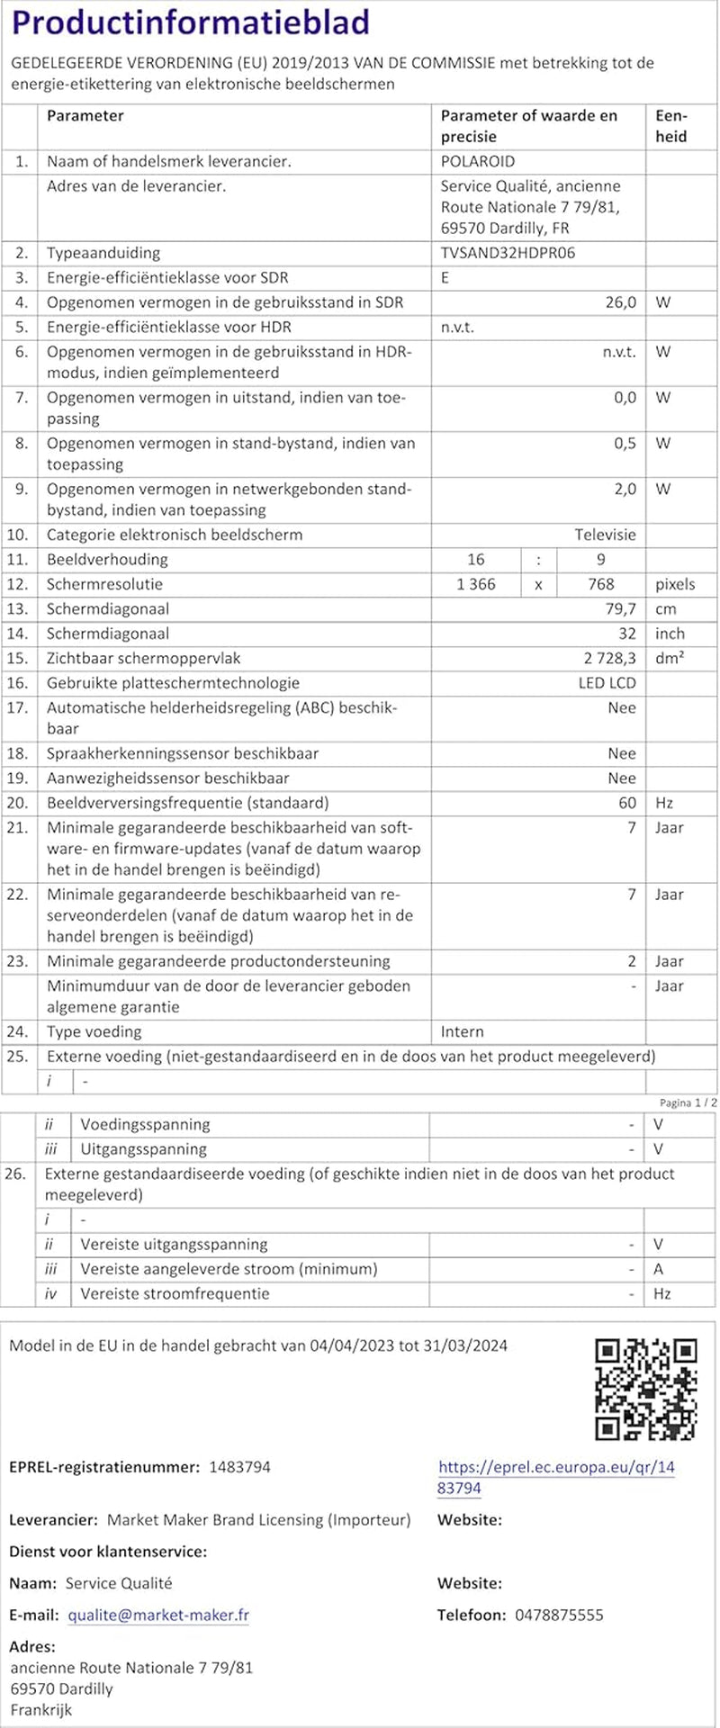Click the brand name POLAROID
click(x=477, y=162)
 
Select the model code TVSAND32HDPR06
click(x=508, y=253)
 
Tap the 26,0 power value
click(x=620, y=302)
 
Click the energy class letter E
click(x=445, y=278)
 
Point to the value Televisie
click(x=605, y=535)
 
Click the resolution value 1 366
click(x=476, y=584)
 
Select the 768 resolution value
click(x=600, y=584)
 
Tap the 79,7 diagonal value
click(x=620, y=609)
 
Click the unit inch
click(x=670, y=634)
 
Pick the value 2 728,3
click(x=611, y=659)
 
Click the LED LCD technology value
click(x=607, y=683)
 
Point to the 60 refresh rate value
click(x=626, y=803)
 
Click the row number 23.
click(x=17, y=961)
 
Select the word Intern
click(x=462, y=1031)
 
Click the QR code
click(x=646, y=1389)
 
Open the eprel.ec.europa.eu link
click(x=555, y=1477)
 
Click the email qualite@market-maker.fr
click(x=158, y=1615)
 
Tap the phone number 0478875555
click(x=559, y=1615)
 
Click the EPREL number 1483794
click(x=239, y=1467)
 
